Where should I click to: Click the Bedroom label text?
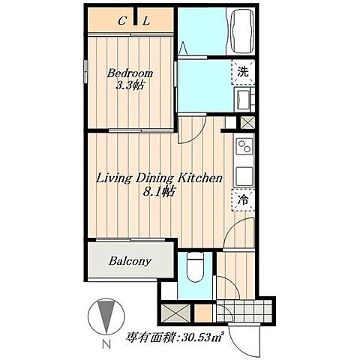point(130,73)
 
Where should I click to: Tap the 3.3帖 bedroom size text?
point(130,85)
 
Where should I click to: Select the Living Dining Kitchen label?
point(159,178)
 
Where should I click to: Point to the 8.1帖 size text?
point(158,192)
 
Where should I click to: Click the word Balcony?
point(130,261)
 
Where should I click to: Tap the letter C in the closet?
point(121,21)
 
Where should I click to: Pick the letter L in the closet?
point(146,21)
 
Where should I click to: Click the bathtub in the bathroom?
point(242,31)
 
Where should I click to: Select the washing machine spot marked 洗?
point(243,72)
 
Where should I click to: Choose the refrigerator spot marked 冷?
point(243,200)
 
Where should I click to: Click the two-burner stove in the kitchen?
point(244,146)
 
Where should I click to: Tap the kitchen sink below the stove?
point(244,176)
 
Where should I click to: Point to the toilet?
point(196,266)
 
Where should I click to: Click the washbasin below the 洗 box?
point(243,99)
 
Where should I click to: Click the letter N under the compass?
point(106,344)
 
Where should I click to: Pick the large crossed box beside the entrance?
point(175,313)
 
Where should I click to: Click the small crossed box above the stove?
point(247,123)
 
